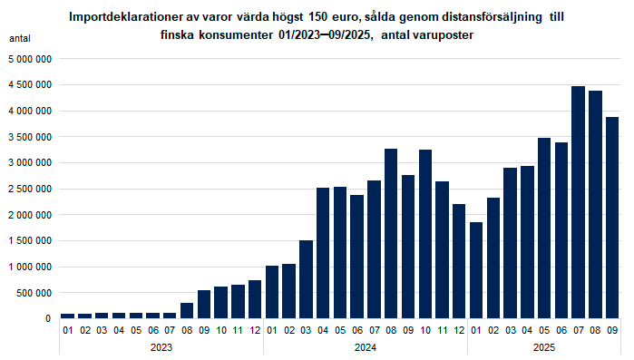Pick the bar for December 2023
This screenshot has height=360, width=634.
(x=255, y=299)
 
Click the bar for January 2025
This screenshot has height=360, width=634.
(x=476, y=270)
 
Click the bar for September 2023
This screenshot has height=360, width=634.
(x=204, y=304)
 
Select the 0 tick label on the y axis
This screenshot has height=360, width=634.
(x=47, y=319)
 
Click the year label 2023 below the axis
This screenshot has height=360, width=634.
(x=161, y=346)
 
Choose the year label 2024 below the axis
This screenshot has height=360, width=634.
(x=365, y=346)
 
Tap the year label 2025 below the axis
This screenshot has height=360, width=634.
(x=543, y=346)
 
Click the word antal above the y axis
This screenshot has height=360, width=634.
(x=20, y=39)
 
